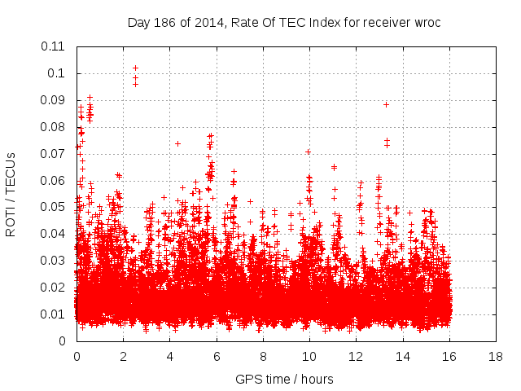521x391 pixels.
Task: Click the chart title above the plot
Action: [x=284, y=22]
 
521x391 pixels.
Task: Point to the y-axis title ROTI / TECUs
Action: [x=11, y=193]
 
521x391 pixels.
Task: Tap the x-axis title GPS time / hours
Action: [x=284, y=379]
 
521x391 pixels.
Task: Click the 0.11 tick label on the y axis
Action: [x=54, y=46]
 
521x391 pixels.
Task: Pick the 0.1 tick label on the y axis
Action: [x=57, y=73]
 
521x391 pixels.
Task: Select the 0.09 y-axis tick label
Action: [x=54, y=100]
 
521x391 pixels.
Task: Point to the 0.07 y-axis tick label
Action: [x=54, y=153]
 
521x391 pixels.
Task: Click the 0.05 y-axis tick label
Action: [x=54, y=207]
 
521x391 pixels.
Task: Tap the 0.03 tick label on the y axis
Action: [x=54, y=261]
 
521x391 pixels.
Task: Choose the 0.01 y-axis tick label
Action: [x=54, y=314]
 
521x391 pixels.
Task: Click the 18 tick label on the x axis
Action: [x=495, y=356]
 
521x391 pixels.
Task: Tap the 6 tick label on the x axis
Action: [x=217, y=356]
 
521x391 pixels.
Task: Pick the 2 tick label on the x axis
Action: [x=123, y=356]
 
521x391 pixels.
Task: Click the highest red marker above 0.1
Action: [x=135, y=68]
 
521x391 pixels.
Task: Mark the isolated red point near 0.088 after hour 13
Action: [x=386, y=104]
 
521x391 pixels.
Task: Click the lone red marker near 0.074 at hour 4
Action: [x=177, y=143]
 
